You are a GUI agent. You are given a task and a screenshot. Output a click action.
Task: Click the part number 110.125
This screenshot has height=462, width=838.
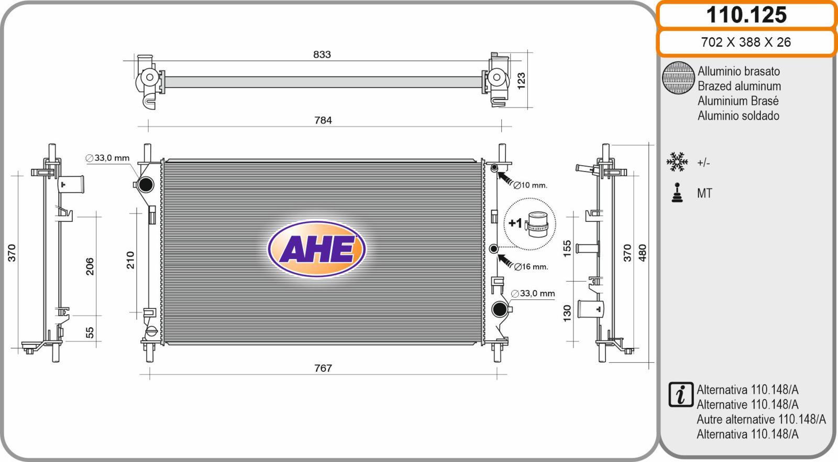tap(746, 15)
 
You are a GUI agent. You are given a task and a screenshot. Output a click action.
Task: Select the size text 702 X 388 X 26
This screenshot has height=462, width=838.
tap(746, 42)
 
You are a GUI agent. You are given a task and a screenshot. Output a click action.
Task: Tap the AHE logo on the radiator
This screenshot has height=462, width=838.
tap(317, 249)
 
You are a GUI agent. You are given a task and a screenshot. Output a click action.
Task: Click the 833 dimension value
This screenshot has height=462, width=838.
tap(322, 55)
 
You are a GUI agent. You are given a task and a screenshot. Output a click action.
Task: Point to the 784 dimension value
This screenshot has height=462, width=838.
tap(323, 120)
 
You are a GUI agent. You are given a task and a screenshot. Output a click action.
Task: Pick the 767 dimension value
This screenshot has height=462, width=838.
tap(323, 368)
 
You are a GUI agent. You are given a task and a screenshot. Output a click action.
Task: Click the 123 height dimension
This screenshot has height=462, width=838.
tap(521, 81)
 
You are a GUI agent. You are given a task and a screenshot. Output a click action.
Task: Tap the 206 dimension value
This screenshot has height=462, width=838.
tap(90, 266)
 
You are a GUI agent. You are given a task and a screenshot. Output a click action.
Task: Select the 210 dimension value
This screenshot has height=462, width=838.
tap(130, 260)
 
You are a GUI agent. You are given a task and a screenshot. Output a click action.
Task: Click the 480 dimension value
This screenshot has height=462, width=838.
tap(642, 253)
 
